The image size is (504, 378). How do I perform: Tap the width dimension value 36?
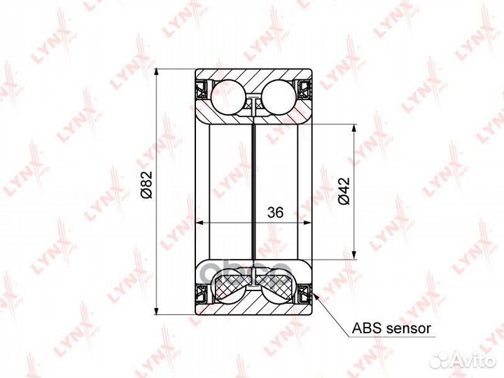point(274,214)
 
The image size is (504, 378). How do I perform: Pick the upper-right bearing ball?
point(279,95)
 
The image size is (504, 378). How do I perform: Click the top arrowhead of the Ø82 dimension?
point(160,73)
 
